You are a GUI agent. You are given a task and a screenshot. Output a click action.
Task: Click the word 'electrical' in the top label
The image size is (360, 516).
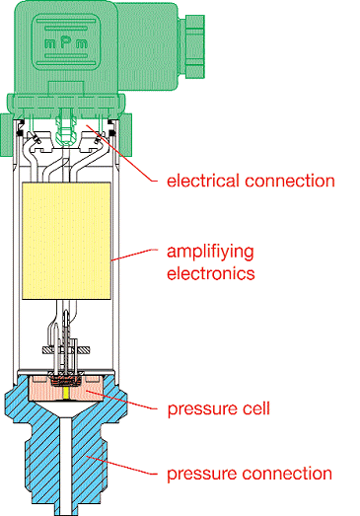[x=203, y=181]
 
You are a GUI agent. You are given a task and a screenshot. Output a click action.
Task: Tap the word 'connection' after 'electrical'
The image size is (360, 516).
[x=290, y=181]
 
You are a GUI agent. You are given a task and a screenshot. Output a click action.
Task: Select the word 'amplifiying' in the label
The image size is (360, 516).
[x=210, y=253]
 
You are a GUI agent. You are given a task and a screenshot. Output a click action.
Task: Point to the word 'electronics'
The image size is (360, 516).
[x=211, y=273]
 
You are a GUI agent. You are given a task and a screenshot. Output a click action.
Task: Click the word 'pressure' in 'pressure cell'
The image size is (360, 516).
[x=198, y=409]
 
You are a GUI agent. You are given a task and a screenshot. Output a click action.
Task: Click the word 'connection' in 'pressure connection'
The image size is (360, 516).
[x=287, y=474]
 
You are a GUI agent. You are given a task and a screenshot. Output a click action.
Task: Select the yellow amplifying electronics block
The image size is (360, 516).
[x=66, y=241]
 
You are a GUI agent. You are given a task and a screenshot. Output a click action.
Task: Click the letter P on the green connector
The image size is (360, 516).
[x=66, y=41]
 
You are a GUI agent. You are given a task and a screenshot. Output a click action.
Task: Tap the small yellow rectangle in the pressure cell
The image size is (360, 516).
[x=67, y=394]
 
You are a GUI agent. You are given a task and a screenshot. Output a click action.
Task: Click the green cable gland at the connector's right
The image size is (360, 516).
[x=191, y=46]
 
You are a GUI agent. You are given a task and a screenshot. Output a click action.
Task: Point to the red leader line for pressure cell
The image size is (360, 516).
[x=121, y=400]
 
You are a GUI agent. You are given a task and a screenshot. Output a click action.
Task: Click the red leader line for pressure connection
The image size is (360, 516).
[x=121, y=465]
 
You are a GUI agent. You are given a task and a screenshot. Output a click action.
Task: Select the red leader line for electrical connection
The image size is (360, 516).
[x=121, y=153]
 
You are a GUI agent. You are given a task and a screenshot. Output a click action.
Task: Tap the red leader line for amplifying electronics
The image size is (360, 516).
[x=133, y=255]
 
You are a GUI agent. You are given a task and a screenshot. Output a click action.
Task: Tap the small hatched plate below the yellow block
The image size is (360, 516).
[x=66, y=350]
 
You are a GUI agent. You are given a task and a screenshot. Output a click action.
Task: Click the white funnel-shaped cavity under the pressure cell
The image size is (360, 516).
[x=66, y=409]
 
